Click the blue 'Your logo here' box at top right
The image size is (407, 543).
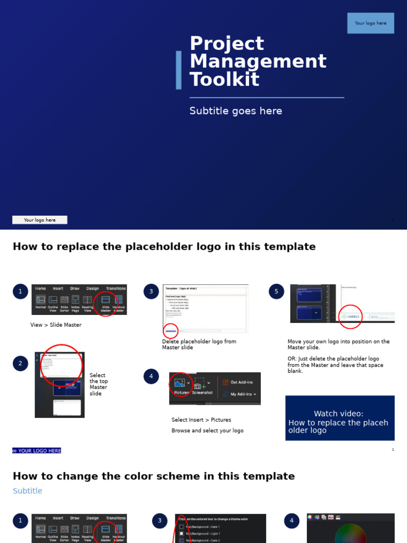pyautogui.click(x=370, y=23)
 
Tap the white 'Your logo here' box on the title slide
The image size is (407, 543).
pyautogui.click(x=40, y=220)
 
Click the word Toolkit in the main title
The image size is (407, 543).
pyautogui.click(x=224, y=80)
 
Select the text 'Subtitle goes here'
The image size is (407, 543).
pyautogui.click(x=236, y=111)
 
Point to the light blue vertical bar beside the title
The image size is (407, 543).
pyautogui.click(x=179, y=70)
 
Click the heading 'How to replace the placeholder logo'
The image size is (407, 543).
pyautogui.click(x=164, y=247)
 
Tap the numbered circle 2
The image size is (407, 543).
pyautogui.click(x=20, y=363)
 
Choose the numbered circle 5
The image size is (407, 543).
pyautogui.click(x=276, y=292)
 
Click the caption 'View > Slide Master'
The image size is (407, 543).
pyautogui.click(x=56, y=325)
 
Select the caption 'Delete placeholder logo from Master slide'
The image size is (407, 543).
pyautogui.click(x=199, y=345)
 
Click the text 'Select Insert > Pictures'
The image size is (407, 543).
pyautogui.click(x=201, y=420)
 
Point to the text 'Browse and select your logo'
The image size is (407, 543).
pyautogui.click(x=207, y=431)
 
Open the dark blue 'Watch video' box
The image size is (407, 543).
pyautogui.click(x=340, y=418)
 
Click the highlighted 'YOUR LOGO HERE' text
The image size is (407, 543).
pyautogui.click(x=37, y=451)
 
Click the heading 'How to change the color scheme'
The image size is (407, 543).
pyautogui.click(x=154, y=476)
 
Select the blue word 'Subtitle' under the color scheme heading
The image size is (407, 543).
pyautogui.click(x=28, y=491)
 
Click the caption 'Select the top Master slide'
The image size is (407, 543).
pyautogui.click(x=99, y=384)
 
